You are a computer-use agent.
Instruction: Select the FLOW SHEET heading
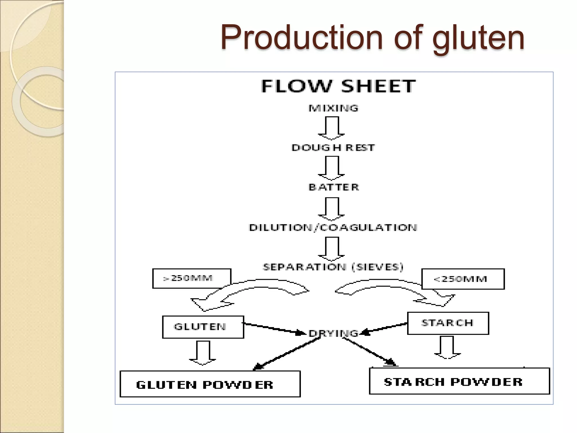338,86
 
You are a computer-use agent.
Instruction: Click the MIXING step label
333,108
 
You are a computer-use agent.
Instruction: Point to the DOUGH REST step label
333,148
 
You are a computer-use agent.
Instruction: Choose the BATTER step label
334,187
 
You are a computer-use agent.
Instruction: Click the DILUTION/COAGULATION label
333,227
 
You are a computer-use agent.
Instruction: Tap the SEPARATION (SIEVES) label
333,267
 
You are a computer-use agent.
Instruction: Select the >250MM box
192,279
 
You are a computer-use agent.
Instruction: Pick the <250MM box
463,279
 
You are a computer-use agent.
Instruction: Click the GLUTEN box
203,327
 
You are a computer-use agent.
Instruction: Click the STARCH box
448,323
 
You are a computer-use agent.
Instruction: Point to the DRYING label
333,333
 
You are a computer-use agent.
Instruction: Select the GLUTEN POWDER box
210,384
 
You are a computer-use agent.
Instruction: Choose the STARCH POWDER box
459,381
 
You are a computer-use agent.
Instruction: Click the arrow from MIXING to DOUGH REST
332,129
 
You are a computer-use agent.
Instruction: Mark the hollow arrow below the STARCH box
447,347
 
